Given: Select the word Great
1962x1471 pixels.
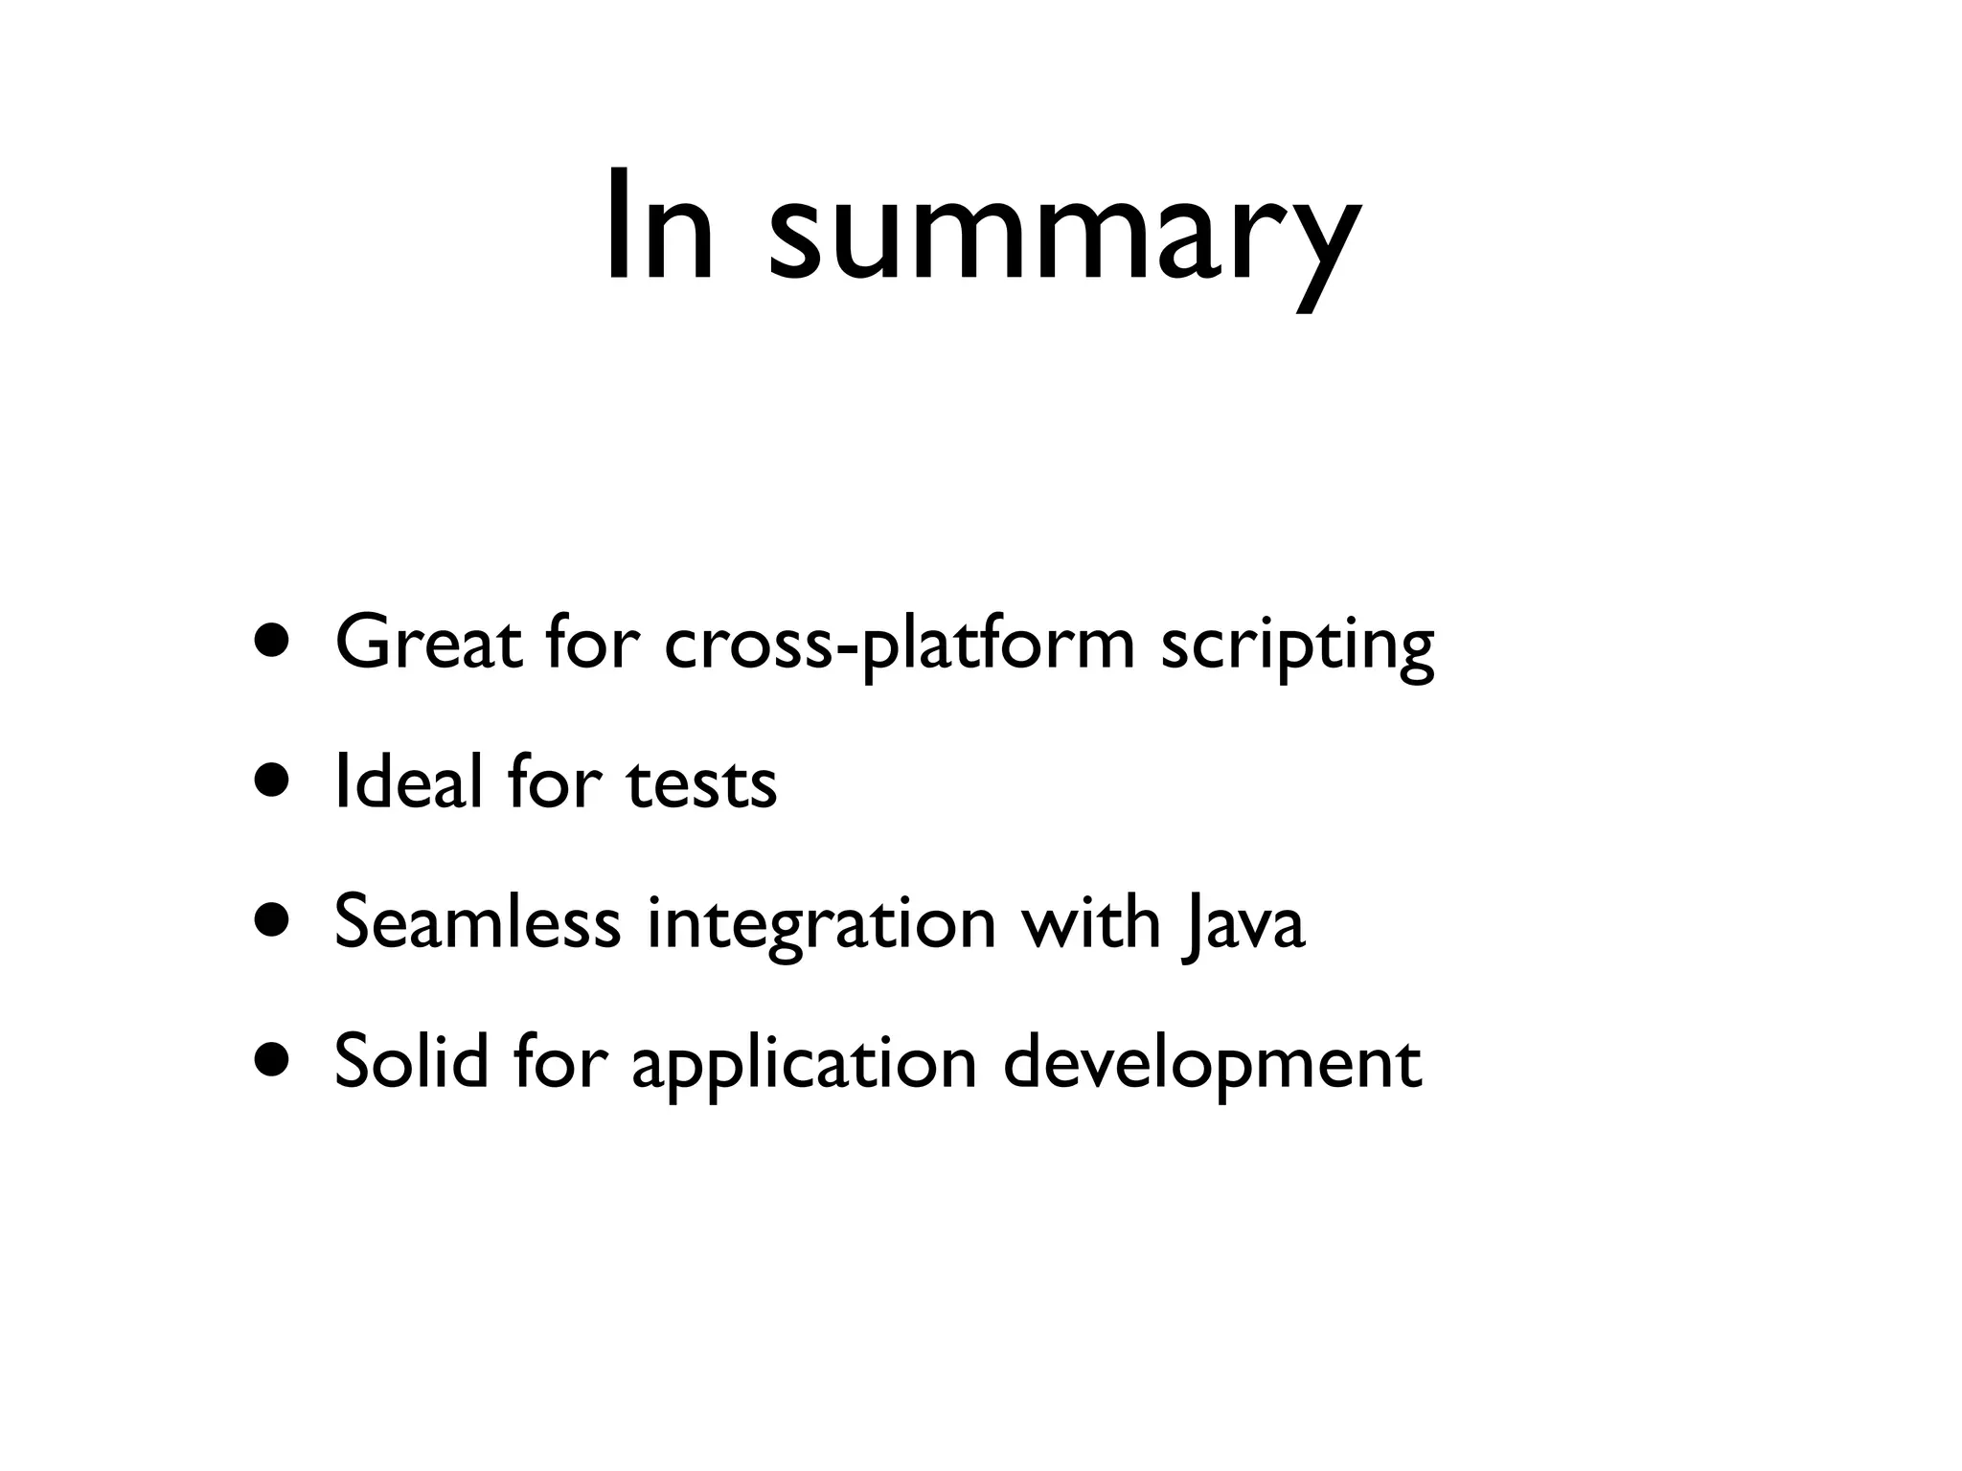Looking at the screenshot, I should (x=427, y=643).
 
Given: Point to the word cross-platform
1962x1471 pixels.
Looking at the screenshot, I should (x=899, y=645).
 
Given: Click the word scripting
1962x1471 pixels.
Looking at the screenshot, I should (x=1297, y=646).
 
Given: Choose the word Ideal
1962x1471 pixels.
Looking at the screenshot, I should (x=408, y=782).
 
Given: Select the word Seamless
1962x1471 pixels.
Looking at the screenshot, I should (x=477, y=922).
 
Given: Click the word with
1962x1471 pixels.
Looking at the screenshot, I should (x=1090, y=922).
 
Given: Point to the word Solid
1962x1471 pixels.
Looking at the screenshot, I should (x=411, y=1063).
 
